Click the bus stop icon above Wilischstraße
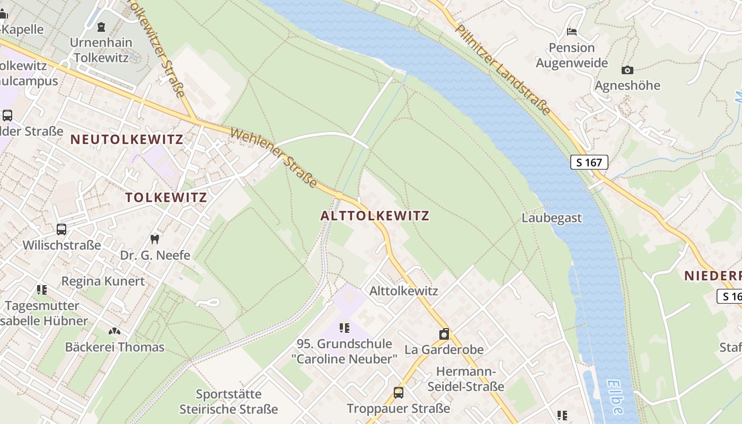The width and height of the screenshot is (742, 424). (61, 229)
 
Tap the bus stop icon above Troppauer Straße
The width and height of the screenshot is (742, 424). (398, 393)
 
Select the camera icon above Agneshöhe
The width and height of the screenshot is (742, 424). (627, 70)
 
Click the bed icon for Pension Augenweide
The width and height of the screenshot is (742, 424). (571, 32)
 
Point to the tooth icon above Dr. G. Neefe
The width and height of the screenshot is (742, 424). (155, 239)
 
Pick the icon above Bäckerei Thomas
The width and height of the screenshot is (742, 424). (114, 331)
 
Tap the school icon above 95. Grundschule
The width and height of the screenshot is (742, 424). (344, 328)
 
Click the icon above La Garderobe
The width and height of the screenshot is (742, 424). (444, 334)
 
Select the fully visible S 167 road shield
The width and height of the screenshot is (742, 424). (589, 162)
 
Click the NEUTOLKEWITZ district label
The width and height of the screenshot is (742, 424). (127, 140)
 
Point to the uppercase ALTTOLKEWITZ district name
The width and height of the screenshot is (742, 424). (375, 216)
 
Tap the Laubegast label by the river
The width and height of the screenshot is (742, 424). (551, 218)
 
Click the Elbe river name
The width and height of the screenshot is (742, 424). (615, 396)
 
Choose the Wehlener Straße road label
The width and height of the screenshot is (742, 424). (273, 157)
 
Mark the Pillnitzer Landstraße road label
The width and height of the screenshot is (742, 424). (503, 69)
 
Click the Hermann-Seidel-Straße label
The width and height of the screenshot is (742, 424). (466, 378)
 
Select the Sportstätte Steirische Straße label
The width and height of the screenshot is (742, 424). (228, 402)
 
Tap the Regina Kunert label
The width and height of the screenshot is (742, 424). (103, 281)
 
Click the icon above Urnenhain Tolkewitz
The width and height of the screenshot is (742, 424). (101, 26)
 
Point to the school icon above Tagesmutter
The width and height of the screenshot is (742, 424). (42, 290)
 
